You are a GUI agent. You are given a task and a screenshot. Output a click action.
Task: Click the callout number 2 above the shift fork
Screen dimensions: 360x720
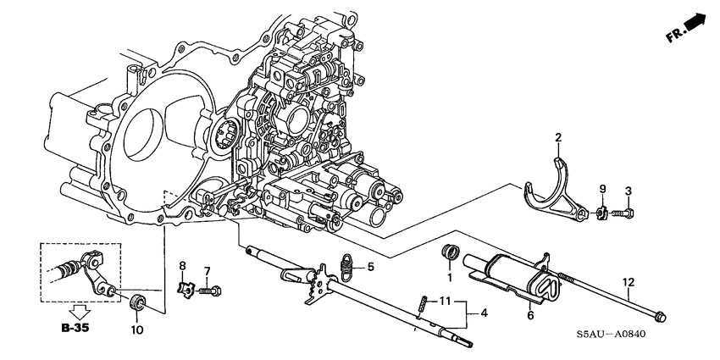tap(558, 137)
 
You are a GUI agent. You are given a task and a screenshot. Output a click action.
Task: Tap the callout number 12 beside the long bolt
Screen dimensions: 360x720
tap(628, 281)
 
